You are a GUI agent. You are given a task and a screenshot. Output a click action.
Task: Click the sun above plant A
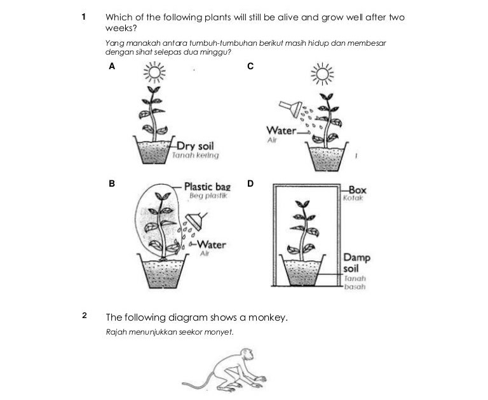pos(154,73)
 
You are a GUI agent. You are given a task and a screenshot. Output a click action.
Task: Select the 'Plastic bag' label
pos(207,187)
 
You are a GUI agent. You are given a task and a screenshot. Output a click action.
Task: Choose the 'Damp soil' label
pos(356,263)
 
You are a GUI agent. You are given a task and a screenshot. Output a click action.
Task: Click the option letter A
pos(112,65)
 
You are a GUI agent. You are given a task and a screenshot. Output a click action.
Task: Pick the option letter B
pos(112,183)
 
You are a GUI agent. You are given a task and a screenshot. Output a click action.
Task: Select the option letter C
pos(250,65)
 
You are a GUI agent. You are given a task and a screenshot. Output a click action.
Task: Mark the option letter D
pos(250,183)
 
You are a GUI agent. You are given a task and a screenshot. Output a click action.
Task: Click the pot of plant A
pos(155,153)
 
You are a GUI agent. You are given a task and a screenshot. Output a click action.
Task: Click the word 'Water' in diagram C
pos(281,131)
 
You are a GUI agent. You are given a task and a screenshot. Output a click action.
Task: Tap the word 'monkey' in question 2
pos(267,317)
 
